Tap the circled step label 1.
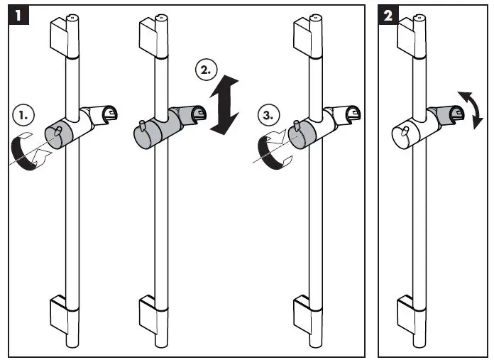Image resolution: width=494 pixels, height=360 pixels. point(24,114)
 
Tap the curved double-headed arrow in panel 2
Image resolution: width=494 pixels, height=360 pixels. point(471,109)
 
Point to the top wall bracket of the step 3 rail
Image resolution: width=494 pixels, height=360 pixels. point(304,36)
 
